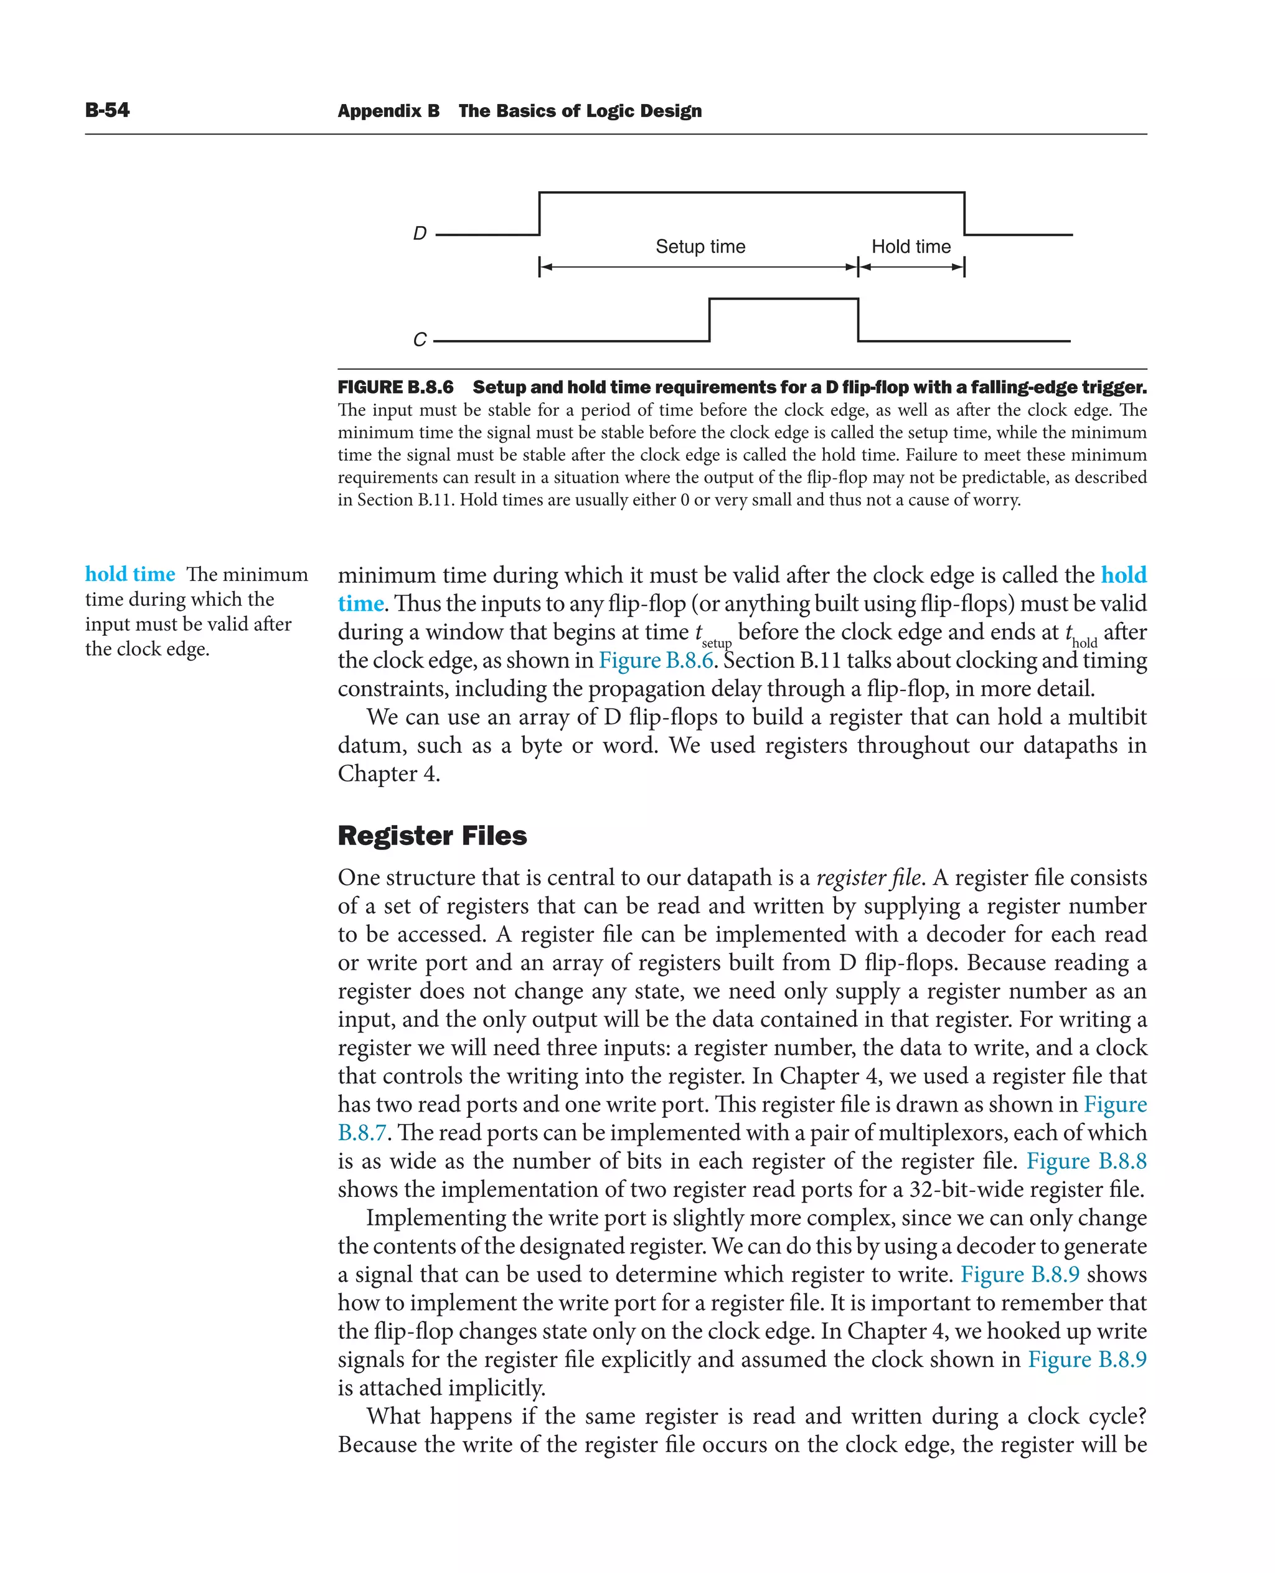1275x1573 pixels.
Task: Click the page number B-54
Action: pos(107,110)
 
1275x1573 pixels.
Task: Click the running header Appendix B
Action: pos(388,111)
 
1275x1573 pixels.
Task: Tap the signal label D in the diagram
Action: pos(420,234)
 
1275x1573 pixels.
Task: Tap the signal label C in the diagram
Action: pos(420,339)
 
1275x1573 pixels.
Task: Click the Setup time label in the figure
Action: pos(700,247)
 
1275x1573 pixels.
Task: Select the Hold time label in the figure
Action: pos(911,247)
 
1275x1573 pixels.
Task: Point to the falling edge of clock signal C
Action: pos(858,319)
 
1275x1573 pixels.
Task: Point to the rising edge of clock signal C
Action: pos(710,319)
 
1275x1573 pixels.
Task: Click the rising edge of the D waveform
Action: pos(540,213)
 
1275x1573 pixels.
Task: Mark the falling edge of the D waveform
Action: pos(964,213)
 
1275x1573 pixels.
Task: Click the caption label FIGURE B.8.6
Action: pos(395,387)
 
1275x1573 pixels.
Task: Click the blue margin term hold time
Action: pos(130,575)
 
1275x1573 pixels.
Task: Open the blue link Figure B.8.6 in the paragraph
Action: pos(656,661)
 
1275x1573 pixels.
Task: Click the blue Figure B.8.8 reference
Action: pos(1086,1161)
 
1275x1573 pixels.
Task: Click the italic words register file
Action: pos(868,877)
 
